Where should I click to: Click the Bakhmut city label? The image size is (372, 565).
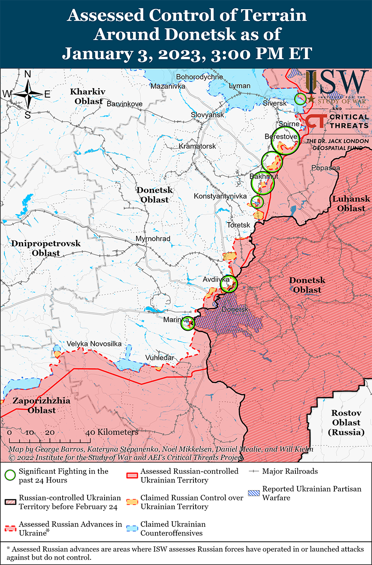(264, 176)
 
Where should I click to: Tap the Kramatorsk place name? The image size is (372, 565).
(197, 146)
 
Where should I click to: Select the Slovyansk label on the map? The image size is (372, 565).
(207, 114)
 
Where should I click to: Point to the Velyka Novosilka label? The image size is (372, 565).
(94, 344)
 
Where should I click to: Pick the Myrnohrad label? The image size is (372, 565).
(153, 239)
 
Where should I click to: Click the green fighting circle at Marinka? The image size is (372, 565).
(187, 323)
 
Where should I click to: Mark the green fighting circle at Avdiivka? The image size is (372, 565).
(228, 284)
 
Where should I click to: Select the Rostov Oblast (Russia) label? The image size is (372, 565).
(346, 423)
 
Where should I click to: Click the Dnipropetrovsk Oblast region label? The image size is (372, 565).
(46, 248)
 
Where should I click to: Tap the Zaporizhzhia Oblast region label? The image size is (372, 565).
(34, 406)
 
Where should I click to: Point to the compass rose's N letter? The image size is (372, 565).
(27, 74)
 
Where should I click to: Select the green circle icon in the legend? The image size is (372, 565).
(11, 475)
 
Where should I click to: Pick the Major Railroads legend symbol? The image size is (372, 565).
(254, 471)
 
